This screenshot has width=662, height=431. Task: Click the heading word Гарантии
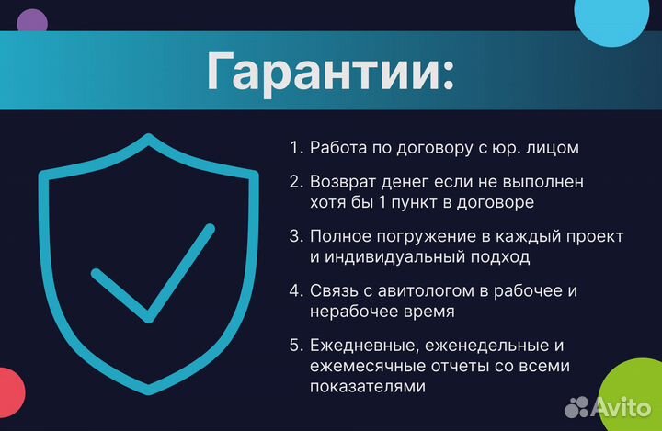click(x=330, y=72)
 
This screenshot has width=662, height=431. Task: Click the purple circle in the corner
click(x=33, y=22)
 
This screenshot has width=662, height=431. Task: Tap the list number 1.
click(x=295, y=147)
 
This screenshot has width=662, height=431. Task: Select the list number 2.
click(x=295, y=183)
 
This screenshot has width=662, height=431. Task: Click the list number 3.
click(x=295, y=236)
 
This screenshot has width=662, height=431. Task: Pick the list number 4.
click(x=295, y=290)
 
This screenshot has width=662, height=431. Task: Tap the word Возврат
click(x=342, y=183)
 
